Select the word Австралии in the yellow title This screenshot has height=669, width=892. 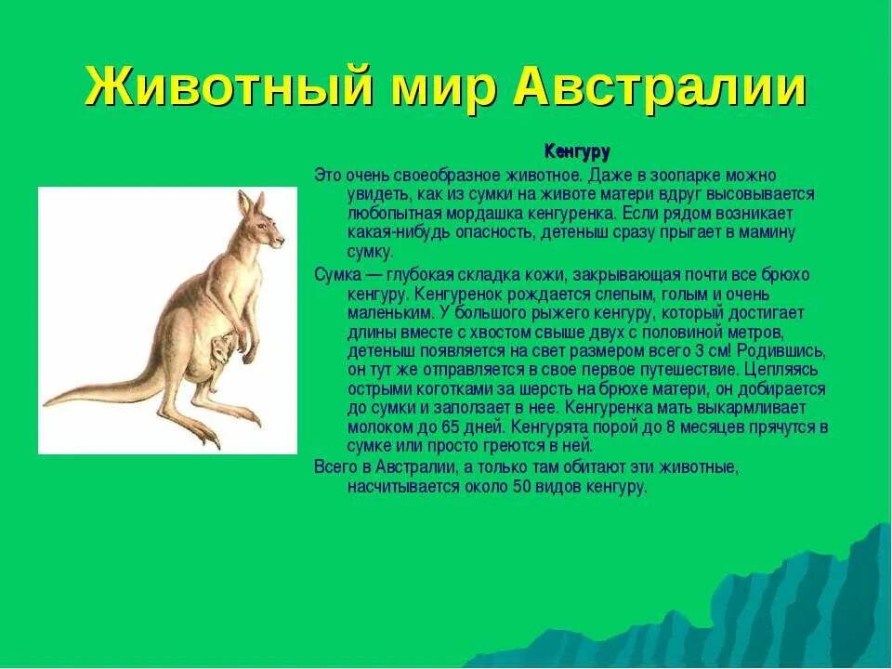(x=659, y=88)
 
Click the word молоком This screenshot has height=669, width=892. (x=376, y=427)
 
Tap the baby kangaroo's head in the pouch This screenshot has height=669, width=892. (x=221, y=349)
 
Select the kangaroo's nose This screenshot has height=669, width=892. (x=282, y=242)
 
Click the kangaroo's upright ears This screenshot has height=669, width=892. (x=251, y=202)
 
